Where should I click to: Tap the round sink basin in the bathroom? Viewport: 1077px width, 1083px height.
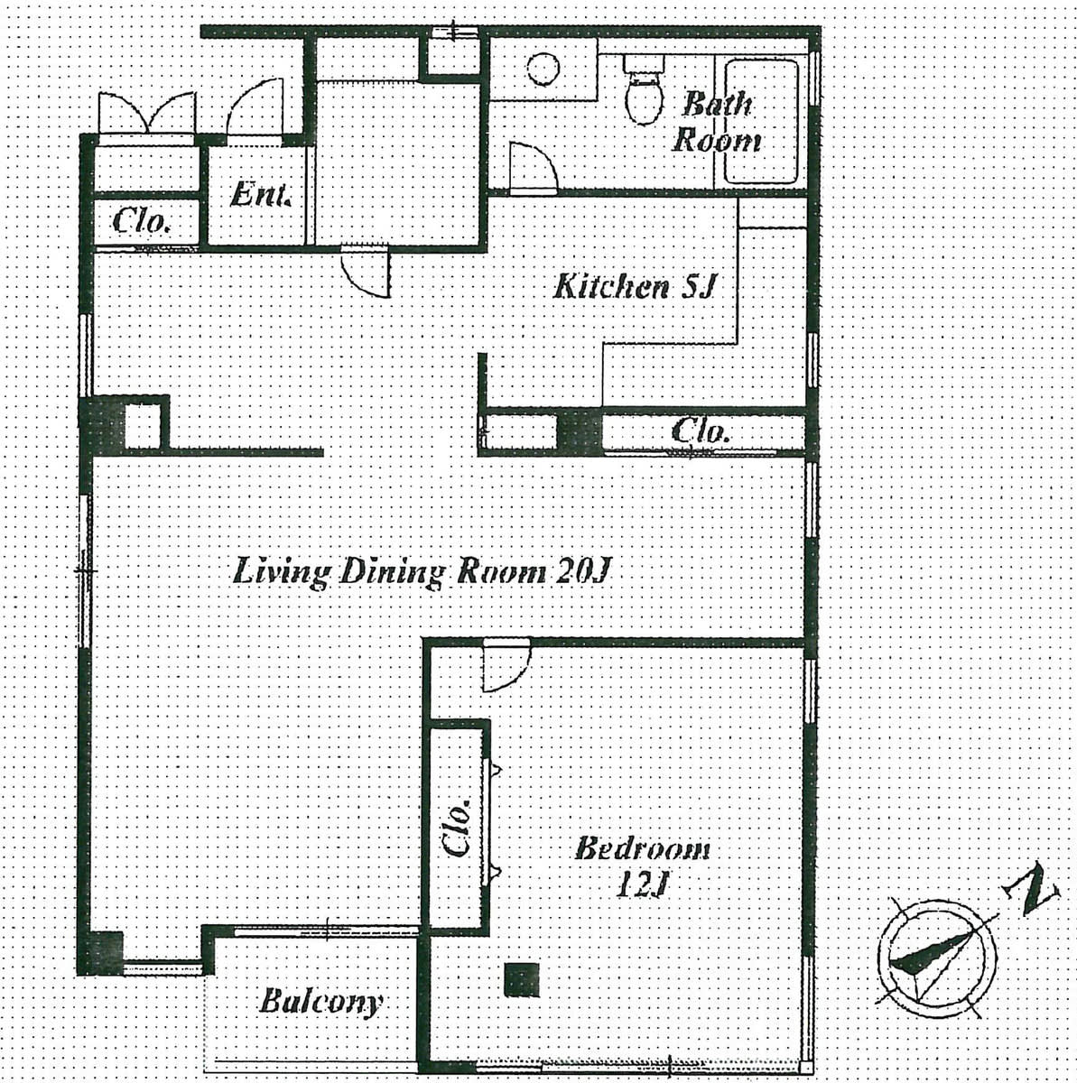point(543,69)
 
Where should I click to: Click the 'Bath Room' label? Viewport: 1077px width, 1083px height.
point(717,123)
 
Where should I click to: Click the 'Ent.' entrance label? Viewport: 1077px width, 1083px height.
point(261,194)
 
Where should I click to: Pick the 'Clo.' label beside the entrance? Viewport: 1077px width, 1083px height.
point(142,221)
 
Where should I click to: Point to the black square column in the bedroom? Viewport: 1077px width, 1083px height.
point(522,980)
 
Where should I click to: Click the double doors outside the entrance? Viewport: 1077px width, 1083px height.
point(147,113)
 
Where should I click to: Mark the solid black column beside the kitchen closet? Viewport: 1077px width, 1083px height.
point(580,431)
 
